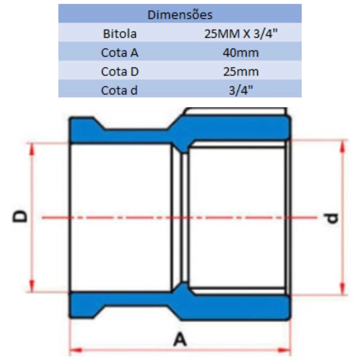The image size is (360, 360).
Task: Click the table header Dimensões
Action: (180, 15)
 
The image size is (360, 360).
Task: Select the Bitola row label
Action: (120, 34)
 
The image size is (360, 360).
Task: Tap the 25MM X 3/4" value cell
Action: (240, 34)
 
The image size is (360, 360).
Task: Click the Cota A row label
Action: (120, 53)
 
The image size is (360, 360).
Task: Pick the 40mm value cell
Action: (240, 53)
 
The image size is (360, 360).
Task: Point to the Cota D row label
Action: (120, 72)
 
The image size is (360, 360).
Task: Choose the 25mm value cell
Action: (240, 72)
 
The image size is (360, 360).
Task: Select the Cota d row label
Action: (120, 90)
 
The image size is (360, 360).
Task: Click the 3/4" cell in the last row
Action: (240, 90)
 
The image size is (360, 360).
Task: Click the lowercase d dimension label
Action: (333, 218)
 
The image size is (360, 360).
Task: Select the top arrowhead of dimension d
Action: (343, 144)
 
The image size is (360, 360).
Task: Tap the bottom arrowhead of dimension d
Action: (343, 291)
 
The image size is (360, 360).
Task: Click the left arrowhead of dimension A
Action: (73, 349)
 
